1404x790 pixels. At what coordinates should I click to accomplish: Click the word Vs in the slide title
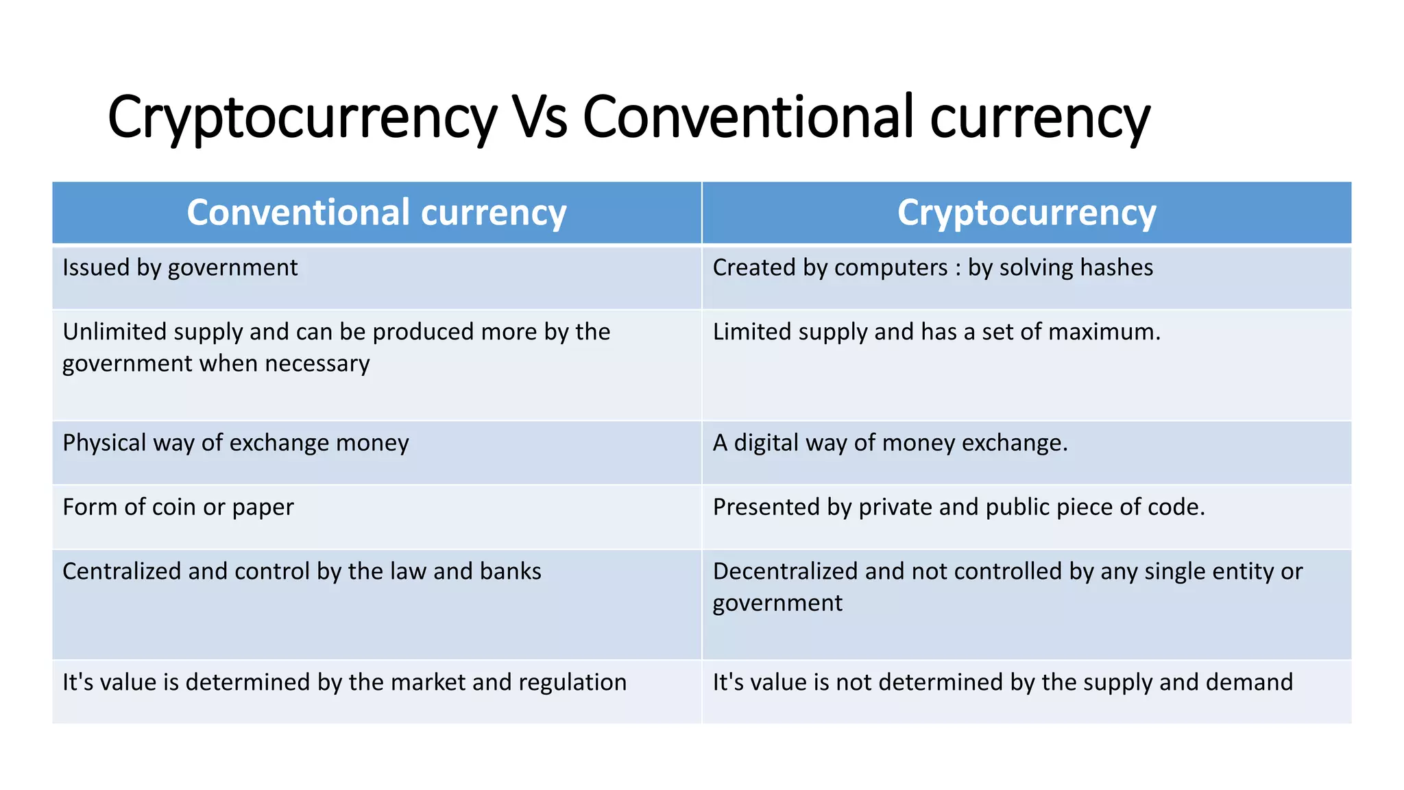(540, 117)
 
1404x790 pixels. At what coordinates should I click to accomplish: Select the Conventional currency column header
(376, 213)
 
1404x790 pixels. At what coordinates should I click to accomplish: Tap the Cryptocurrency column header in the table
(1026, 213)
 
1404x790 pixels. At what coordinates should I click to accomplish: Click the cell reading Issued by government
(180, 267)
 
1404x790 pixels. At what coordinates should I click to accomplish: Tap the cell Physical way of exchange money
(236, 443)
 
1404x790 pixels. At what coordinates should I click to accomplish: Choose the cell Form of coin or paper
(178, 507)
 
